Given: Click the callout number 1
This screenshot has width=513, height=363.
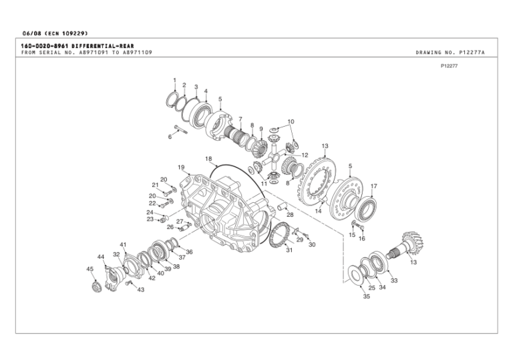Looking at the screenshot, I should (x=174, y=81).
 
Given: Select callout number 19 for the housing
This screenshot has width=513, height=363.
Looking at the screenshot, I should (x=181, y=167).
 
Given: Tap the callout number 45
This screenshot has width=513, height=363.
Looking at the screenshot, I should (x=90, y=269).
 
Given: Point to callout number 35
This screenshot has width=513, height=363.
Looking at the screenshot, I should (x=366, y=297).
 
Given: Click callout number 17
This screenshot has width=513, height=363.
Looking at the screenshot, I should (x=374, y=186).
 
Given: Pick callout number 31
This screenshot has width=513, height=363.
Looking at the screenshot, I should (x=289, y=250).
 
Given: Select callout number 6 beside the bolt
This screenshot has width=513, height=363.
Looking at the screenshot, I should (x=170, y=137).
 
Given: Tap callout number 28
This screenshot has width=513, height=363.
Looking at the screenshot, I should (x=290, y=215).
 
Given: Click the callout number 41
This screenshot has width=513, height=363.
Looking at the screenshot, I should (x=123, y=244).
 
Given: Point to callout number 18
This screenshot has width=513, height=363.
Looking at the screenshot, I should (x=208, y=159).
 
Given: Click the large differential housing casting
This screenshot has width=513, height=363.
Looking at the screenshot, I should (x=224, y=207).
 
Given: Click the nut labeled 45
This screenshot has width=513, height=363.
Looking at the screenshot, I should (x=95, y=286).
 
